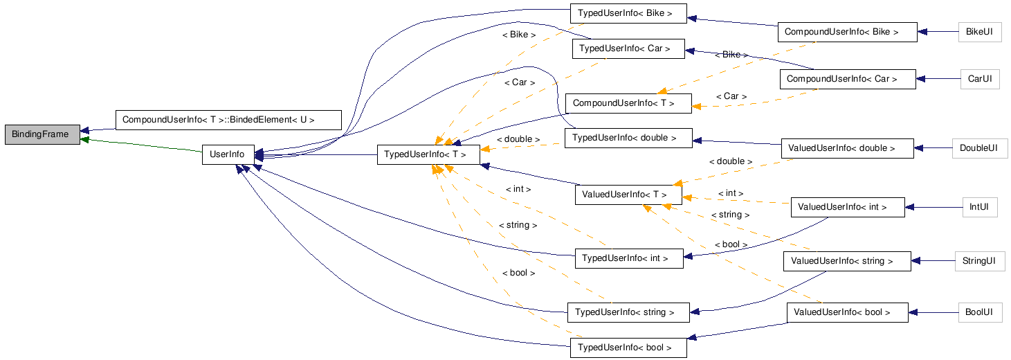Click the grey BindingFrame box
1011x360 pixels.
pyautogui.click(x=40, y=134)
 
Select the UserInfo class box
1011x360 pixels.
pyautogui.click(x=227, y=154)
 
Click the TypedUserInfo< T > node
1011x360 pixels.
pyautogui.click(x=428, y=154)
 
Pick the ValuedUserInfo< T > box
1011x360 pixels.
pyautogui.click(x=628, y=195)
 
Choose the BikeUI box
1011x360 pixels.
pyautogui.click(x=980, y=32)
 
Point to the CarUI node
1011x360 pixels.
pyautogui.click(x=980, y=79)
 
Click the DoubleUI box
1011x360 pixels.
pyautogui.click(x=978, y=147)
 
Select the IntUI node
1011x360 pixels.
pyautogui.click(x=978, y=206)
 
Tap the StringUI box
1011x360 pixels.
pyautogui.click(x=978, y=261)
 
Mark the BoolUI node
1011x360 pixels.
pyautogui.click(x=979, y=312)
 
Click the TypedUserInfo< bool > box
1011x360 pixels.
pyautogui.click(x=628, y=348)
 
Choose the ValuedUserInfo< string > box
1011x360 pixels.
pyautogui.click(x=846, y=261)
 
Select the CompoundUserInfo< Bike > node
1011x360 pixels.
pyautogui.click(x=846, y=32)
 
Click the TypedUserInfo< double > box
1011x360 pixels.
pyautogui.click(x=628, y=138)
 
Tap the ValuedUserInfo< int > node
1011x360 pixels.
pyautogui.click(x=847, y=207)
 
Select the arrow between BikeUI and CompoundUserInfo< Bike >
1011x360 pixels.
pyautogui.click(x=938, y=32)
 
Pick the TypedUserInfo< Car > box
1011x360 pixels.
pyautogui.click(x=628, y=48)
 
